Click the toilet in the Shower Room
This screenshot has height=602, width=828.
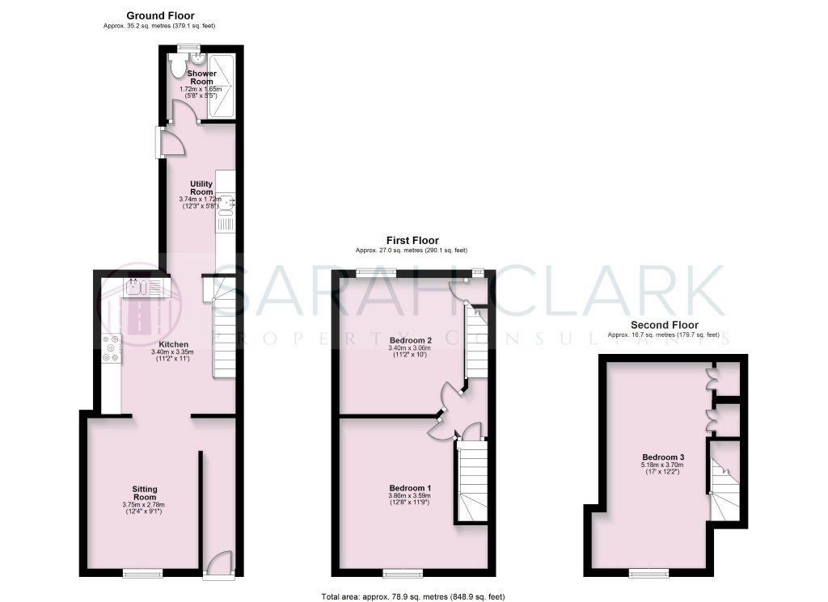pos(179,67)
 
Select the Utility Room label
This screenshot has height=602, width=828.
pos(201,187)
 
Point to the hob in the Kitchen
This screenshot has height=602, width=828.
pos(110,347)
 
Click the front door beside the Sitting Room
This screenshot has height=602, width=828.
pos(218,564)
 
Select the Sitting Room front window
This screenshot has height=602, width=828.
pos(138,574)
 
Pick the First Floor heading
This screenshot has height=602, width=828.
pos(412,240)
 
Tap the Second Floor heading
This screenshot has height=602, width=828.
pos(663,325)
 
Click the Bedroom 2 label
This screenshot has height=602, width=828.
pos(410,341)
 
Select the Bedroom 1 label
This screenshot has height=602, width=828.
pos(410,488)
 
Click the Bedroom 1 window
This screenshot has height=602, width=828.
pos(402,574)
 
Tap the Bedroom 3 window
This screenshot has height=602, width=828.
pos(648,574)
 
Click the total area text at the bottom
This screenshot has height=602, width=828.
pos(413,596)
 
